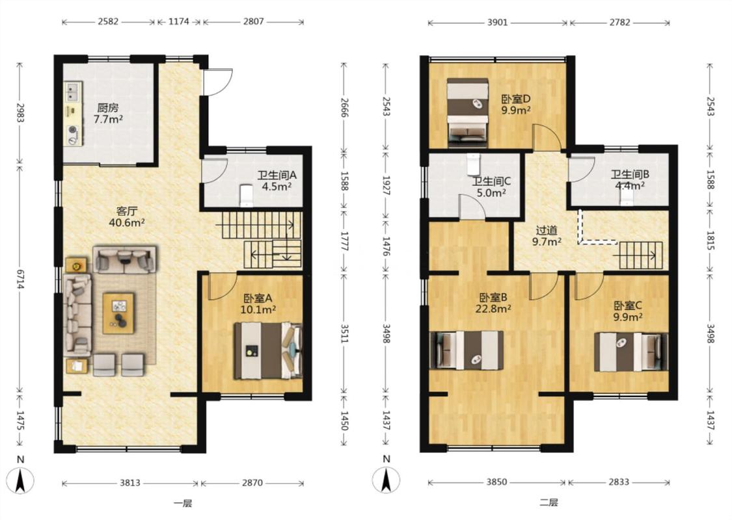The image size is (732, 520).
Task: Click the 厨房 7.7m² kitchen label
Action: (108, 113)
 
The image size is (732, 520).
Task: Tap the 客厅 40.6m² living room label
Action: (126, 216)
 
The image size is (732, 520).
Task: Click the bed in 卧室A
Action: (268, 350)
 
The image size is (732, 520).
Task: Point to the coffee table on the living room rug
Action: (118, 313)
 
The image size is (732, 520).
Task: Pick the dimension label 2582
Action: (108, 21)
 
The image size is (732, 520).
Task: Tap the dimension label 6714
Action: (20, 279)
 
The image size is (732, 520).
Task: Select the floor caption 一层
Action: (183, 503)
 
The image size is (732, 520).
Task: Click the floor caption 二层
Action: (549, 502)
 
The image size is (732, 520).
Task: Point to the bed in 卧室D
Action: (468, 112)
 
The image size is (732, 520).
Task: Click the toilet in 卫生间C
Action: (473, 164)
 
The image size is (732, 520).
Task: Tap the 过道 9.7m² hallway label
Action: (547, 236)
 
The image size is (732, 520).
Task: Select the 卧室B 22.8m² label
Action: (493, 303)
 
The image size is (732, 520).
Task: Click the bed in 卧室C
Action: (631, 352)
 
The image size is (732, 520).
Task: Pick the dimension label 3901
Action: (497, 22)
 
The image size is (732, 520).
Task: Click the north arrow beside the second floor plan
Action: (386, 479)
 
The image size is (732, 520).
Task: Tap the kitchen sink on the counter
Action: (72, 92)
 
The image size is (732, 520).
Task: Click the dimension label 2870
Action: (252, 483)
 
